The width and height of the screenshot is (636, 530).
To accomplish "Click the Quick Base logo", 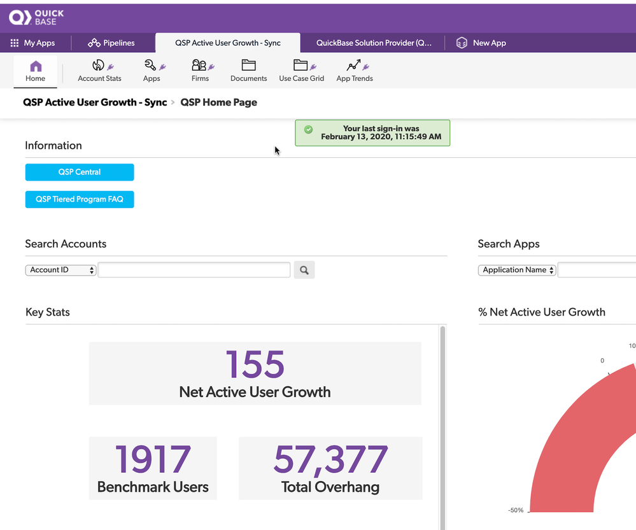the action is tap(36, 17).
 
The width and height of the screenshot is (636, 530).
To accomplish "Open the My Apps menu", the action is tap(32, 43).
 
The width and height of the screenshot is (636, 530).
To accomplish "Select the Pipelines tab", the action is tap(111, 43).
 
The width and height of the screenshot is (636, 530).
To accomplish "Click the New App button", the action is tap(481, 43).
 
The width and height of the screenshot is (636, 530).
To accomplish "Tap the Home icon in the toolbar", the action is tap(36, 66).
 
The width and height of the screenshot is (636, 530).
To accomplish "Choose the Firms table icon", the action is tap(199, 65).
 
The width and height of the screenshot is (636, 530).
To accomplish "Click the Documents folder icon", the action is tap(249, 65).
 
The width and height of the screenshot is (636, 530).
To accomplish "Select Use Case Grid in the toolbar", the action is tap(301, 71).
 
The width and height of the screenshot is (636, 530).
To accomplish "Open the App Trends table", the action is tap(355, 71).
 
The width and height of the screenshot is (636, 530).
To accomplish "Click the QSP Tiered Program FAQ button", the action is tap(80, 199).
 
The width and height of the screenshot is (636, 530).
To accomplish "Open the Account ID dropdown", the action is tap(60, 270).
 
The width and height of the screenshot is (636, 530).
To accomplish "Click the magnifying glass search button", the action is tap(304, 270).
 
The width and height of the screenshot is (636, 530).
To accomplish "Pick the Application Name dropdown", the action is tap(517, 270).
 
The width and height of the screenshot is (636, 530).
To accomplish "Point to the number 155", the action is tap(255, 364).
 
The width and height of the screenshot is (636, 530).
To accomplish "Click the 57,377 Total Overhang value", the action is tap(330, 459).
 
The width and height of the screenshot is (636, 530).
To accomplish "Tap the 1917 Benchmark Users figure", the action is tap(153, 459).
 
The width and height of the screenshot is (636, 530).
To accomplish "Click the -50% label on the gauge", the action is tap(516, 510).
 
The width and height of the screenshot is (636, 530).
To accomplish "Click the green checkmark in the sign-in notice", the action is tap(308, 129).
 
